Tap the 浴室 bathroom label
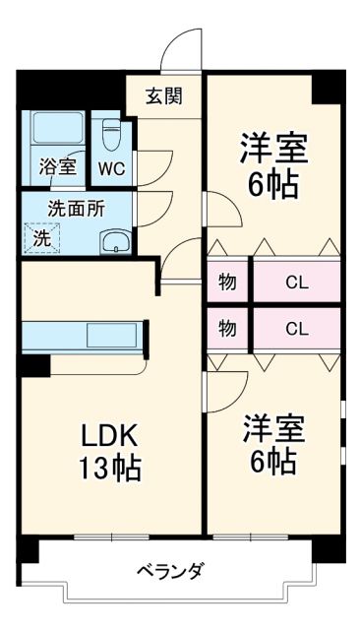(x=55, y=166)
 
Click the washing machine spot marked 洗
(x=42, y=236)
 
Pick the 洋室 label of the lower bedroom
(x=273, y=429)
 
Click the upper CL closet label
(x=296, y=283)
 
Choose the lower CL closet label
(x=296, y=330)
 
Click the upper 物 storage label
(x=227, y=283)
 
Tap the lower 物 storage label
(x=227, y=330)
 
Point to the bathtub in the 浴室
(x=55, y=131)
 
